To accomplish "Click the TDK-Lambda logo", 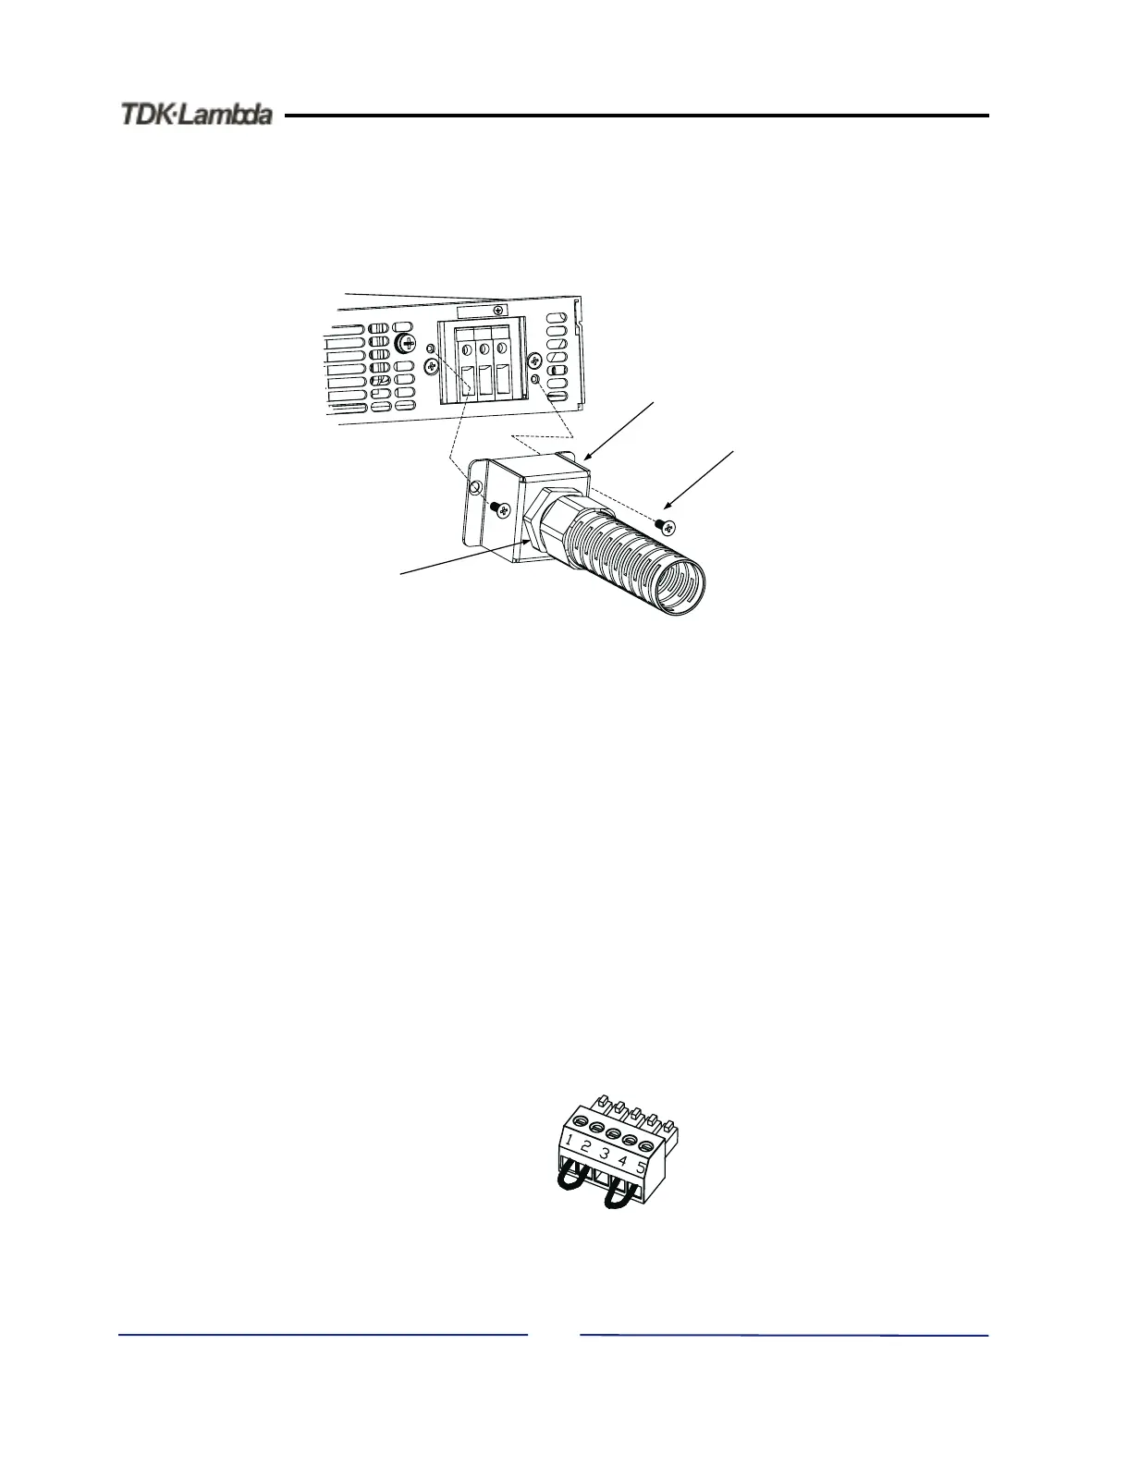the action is [x=196, y=115].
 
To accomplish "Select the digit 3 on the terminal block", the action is [x=605, y=1155].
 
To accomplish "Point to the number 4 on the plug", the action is [x=622, y=1160].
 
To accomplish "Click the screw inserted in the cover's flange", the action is [x=500, y=507].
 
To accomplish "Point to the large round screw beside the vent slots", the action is [x=404, y=344].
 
